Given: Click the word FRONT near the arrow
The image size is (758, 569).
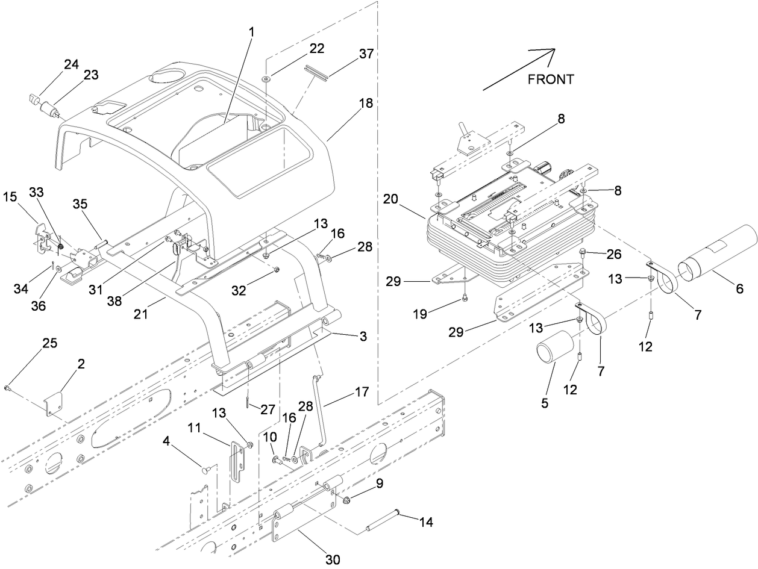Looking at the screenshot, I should coord(550,79).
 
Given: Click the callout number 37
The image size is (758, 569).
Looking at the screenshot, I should coord(365,54).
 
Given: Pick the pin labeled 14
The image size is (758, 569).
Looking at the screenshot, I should coord(383,521).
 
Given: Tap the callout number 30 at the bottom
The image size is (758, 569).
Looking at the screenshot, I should coord(333,559).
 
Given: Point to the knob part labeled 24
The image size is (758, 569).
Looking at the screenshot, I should coord(34,98).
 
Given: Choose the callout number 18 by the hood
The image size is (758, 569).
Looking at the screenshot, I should coord(365,103).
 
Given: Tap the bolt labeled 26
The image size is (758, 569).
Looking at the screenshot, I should coord(583,252).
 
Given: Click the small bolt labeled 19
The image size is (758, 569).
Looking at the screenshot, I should coord(465,297).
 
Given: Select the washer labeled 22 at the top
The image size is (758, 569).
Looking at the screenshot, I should coord(266,78).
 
